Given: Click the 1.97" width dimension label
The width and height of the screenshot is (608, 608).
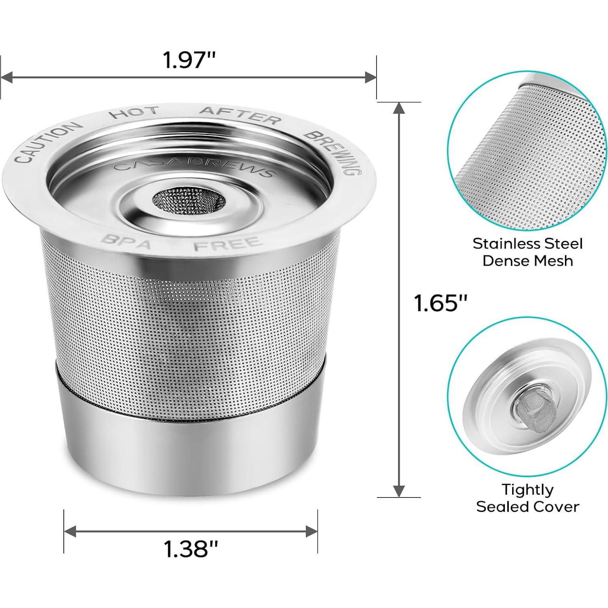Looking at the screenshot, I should (188, 60).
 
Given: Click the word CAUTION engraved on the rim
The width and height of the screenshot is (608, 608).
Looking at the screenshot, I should (45, 142).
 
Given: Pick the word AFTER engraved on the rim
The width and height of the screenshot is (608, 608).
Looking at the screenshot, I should (240, 115).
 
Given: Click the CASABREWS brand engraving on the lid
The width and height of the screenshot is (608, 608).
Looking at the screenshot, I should (193, 167).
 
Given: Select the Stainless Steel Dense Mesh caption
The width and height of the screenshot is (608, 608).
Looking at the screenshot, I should (527, 252).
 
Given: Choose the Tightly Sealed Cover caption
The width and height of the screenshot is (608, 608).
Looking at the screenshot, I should (527, 498).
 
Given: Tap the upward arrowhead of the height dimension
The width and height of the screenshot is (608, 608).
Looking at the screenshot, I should (399, 108).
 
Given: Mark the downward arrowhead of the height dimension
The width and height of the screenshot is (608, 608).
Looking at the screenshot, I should (399, 491).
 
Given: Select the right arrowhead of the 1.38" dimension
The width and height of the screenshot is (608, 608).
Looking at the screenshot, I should (312, 531).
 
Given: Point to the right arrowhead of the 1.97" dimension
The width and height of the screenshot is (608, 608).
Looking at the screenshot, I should (370, 77).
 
